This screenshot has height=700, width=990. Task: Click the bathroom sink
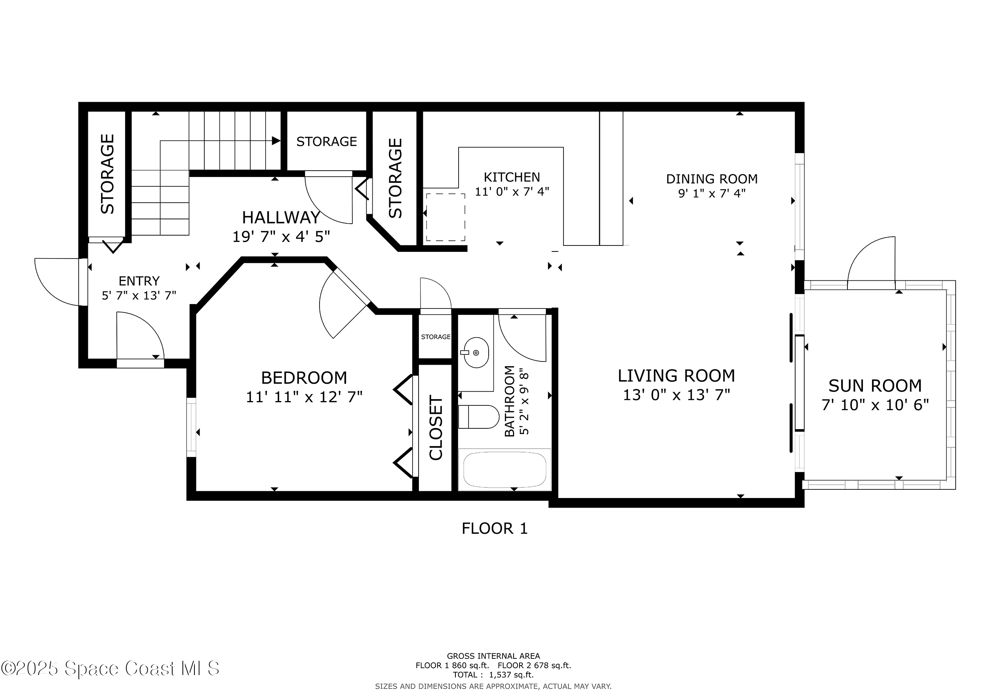click(476, 353)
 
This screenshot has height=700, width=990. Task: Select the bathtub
click(505, 470)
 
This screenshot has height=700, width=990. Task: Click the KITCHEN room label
click(511, 177)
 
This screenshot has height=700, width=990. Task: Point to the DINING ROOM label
click(712, 179)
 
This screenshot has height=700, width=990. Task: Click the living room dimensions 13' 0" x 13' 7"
click(676, 395)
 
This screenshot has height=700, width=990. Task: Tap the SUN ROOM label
click(875, 386)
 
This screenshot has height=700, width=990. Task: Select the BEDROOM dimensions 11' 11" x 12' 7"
click(304, 397)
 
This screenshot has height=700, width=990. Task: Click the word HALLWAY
click(281, 218)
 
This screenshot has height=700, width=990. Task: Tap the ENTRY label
click(139, 281)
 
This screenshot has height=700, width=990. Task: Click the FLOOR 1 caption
click(494, 529)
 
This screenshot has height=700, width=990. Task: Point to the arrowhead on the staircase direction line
click(276, 141)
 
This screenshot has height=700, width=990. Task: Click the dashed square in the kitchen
click(445, 217)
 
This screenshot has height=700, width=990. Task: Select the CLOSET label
click(436, 428)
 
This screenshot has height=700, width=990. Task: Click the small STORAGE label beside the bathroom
click(436, 337)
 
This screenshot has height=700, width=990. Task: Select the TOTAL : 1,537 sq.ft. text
click(493, 675)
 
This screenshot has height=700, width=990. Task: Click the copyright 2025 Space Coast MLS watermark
click(110, 668)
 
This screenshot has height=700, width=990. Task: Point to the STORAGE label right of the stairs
click(326, 141)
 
